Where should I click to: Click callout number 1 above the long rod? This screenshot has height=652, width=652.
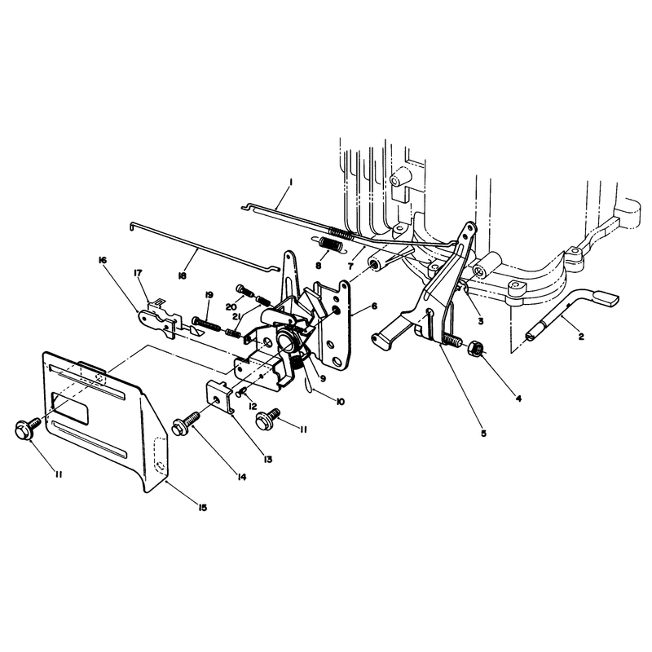pos(291,182)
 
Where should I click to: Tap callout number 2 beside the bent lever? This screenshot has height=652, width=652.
pos(581,337)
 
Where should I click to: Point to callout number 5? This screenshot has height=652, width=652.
pos(483,434)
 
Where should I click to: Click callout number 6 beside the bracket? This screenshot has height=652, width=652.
pos(374,306)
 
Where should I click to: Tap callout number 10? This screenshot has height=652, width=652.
pos(340,402)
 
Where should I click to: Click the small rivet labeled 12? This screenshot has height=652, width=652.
pos(240,392)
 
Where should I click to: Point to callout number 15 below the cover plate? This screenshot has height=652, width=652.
pos(202,508)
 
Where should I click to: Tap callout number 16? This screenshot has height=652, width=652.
pos(102,260)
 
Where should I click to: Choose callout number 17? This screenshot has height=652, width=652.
pos(138,273)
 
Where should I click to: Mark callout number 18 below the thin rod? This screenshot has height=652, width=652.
pos(182,275)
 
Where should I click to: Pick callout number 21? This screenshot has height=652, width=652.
pos(236,317)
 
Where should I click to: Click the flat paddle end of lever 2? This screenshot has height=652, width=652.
pos(606,299)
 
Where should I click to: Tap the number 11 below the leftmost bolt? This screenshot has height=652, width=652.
pos(59,474)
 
